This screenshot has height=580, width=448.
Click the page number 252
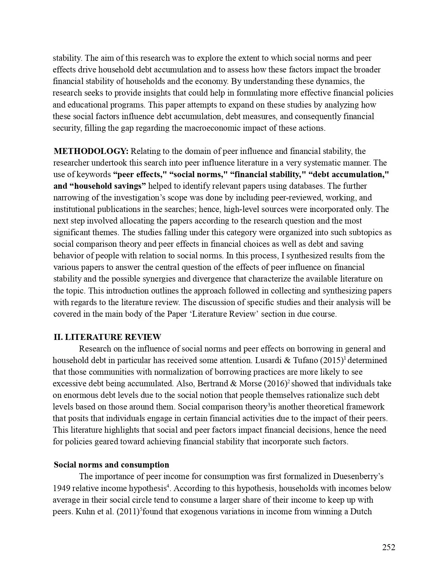[x=389, y=547]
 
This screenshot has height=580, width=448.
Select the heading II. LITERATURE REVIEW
[x=107, y=337]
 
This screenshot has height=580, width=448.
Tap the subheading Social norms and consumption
[x=111, y=465]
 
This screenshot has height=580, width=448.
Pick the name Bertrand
[x=213, y=384]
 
